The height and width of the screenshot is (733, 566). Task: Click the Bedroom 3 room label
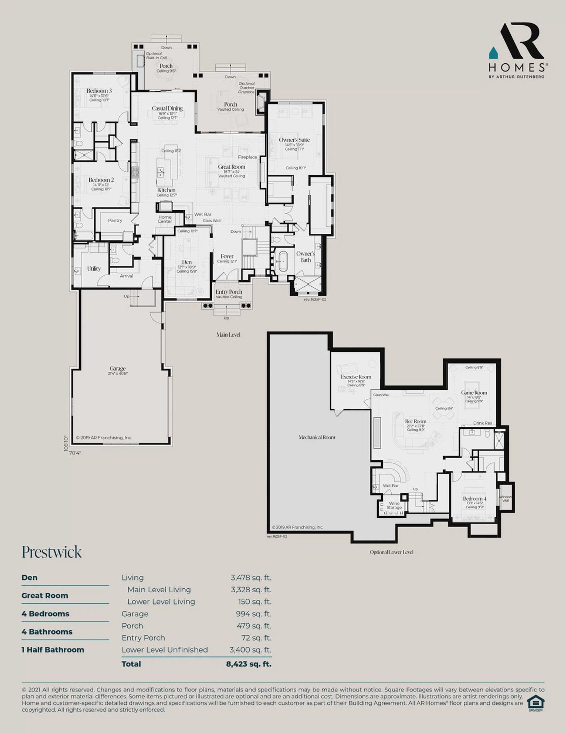click(x=99, y=91)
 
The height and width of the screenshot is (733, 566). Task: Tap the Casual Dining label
click(x=167, y=108)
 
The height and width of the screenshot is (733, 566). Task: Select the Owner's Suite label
click(x=294, y=140)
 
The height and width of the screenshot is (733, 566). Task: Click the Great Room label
click(x=231, y=167)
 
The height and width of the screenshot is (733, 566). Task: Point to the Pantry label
click(x=115, y=220)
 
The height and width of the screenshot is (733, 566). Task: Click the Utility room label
click(x=94, y=269)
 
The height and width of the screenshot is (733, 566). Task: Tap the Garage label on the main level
click(x=118, y=368)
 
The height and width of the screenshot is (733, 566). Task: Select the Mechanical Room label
click(x=317, y=437)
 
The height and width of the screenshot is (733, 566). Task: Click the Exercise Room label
click(x=356, y=377)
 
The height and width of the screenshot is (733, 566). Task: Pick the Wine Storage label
click(x=394, y=505)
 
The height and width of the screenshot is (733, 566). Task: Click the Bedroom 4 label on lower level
click(x=474, y=499)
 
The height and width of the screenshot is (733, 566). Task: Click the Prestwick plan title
click(x=52, y=552)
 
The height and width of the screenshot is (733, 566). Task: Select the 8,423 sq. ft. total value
click(x=249, y=664)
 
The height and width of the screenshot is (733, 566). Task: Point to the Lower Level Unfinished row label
click(x=164, y=650)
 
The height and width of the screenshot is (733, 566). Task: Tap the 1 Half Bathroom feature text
click(x=53, y=650)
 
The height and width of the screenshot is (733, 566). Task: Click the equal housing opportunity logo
click(x=535, y=703)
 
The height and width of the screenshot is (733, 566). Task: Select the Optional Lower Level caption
click(x=391, y=552)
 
